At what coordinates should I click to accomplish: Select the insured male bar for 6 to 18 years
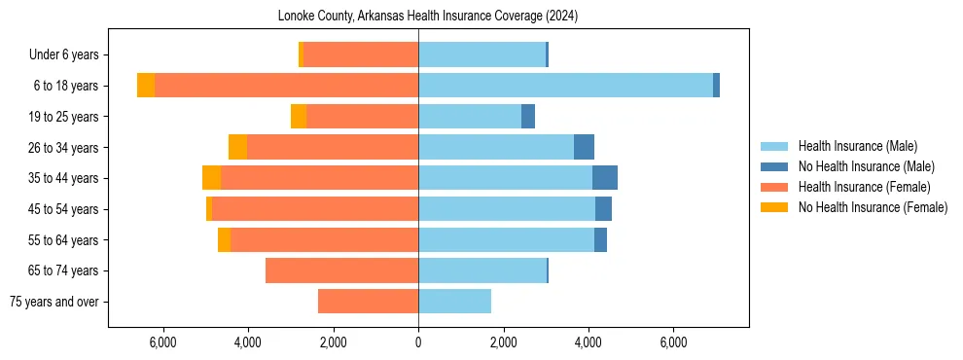coord(565,86)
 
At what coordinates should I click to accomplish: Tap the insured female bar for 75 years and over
coord(368,302)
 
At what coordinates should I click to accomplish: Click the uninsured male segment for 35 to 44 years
coord(605,178)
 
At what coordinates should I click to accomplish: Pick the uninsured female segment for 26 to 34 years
coord(237,147)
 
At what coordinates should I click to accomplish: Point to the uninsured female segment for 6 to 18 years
coord(146,86)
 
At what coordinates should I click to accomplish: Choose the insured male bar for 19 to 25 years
coord(470,117)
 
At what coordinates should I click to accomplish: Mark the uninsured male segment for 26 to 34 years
coord(584,147)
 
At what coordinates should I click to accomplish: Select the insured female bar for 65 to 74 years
coord(341,270)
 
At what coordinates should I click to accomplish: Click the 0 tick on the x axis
coord(418,342)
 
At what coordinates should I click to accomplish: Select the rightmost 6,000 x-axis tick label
coord(673,342)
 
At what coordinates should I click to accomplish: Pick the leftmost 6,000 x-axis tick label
coord(162,342)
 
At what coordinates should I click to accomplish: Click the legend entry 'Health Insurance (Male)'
coord(857,146)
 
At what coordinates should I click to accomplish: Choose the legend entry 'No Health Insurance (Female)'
coord(873,207)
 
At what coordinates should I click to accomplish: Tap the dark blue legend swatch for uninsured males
coord(775,166)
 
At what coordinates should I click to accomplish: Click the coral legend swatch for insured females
coord(775,187)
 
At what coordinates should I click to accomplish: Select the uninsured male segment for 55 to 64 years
coord(600,239)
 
